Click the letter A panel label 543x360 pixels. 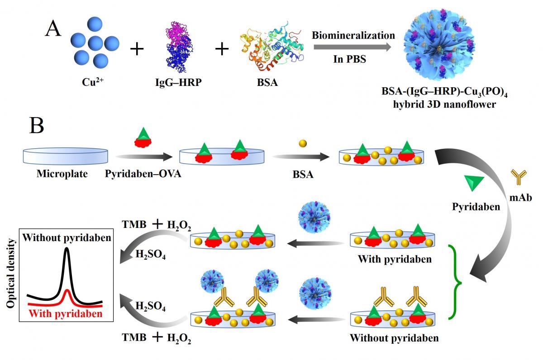point(53,28)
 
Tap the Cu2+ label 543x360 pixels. point(93,82)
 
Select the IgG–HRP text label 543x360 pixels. point(178,82)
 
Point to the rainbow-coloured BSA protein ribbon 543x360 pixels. point(271,47)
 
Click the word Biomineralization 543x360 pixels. point(353,35)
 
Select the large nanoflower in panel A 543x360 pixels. point(439,44)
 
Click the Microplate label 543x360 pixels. point(62,174)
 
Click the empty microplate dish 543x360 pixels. point(66,156)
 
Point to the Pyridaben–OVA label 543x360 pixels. point(143,174)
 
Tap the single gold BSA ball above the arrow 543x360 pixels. point(303,143)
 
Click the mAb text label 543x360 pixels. point(521,198)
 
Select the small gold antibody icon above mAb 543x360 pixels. point(519,177)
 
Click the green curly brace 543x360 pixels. point(454,283)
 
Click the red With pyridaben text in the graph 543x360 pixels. point(66,314)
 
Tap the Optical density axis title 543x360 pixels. point(11,273)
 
